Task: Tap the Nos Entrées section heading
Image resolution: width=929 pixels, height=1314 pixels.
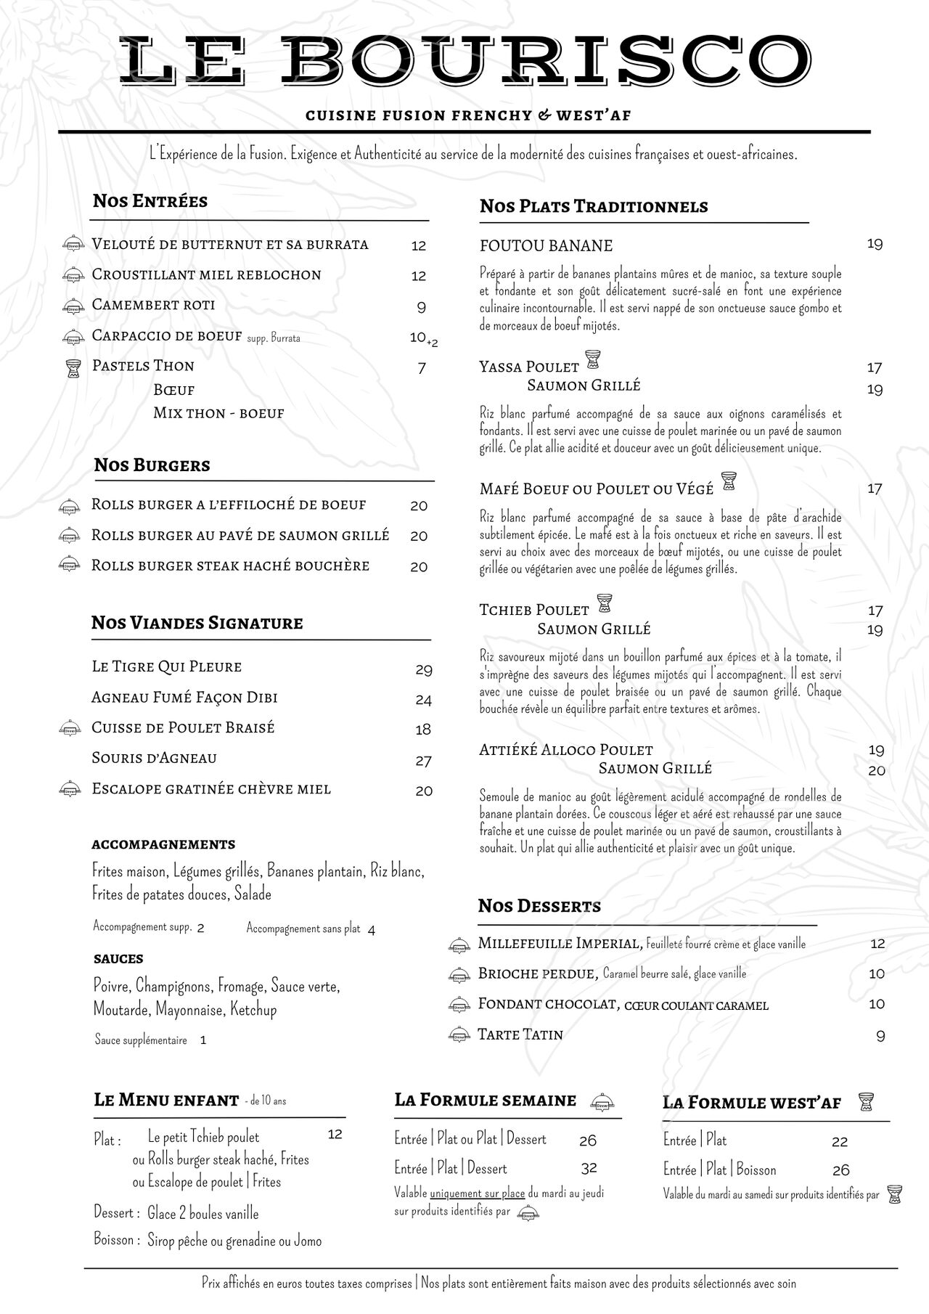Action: (150, 201)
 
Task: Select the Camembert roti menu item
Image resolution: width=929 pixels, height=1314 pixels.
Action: (153, 305)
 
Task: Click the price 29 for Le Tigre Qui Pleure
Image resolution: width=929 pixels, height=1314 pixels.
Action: (424, 669)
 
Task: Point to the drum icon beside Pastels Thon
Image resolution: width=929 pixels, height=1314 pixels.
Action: (72, 368)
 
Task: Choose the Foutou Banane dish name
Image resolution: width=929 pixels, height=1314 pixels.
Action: (546, 245)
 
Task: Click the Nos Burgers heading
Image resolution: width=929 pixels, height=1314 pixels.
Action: (152, 465)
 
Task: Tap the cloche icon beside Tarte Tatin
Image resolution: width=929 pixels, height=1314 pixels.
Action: (458, 1035)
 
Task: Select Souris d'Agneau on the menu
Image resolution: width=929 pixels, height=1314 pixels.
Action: (154, 758)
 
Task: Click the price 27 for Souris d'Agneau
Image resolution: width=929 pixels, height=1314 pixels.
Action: (424, 761)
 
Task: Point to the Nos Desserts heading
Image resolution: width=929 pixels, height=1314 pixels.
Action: (539, 906)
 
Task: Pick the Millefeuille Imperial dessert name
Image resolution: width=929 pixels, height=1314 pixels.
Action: (560, 944)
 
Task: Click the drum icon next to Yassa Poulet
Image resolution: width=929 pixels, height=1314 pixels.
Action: (592, 360)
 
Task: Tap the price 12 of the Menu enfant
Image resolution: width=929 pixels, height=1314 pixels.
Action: (335, 1134)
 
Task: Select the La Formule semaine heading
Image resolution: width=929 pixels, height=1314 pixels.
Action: (485, 1100)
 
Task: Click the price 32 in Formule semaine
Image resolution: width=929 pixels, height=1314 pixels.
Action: (589, 1167)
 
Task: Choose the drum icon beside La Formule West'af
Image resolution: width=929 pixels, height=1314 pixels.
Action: (865, 1101)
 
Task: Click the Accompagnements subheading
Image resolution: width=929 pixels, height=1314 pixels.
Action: (163, 844)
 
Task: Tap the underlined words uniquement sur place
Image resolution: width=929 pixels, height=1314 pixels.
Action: (477, 1193)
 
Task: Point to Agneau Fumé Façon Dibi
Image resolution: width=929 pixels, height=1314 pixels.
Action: (184, 698)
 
